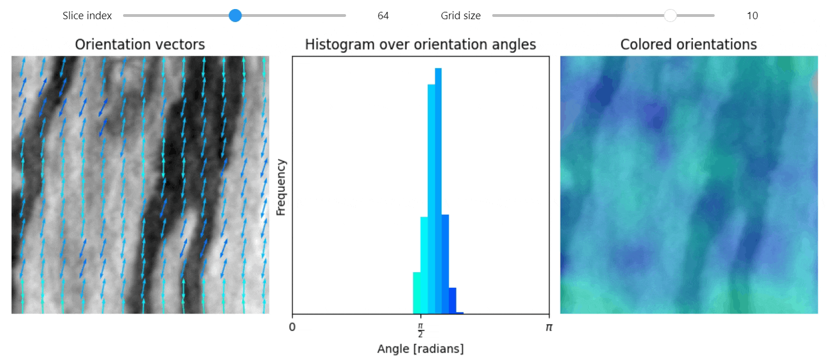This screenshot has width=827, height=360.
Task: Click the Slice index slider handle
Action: (235, 16)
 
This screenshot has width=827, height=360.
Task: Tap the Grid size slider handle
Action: (670, 16)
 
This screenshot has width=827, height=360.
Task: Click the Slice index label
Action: (87, 16)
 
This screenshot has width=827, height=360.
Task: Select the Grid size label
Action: (461, 16)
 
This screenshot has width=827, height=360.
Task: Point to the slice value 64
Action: (383, 16)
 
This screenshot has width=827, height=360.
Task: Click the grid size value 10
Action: (752, 16)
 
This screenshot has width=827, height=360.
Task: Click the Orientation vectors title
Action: (140, 45)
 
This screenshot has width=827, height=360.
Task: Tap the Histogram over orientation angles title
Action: (420, 45)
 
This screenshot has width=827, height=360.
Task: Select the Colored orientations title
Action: (688, 45)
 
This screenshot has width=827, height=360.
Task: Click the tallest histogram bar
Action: (438, 192)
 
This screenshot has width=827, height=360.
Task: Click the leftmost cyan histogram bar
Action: (417, 293)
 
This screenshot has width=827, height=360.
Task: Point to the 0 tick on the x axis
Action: (292, 327)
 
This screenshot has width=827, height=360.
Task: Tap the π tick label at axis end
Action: (548, 327)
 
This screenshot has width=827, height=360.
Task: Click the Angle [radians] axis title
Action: (420, 349)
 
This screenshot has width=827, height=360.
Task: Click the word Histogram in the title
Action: (333, 45)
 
